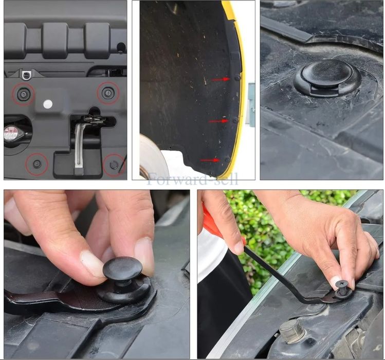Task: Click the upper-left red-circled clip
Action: click(x=23, y=94)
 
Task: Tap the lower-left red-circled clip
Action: click(x=37, y=164)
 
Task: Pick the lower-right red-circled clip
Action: click(x=114, y=165)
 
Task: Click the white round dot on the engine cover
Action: click(x=48, y=104)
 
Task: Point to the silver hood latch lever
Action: click(x=79, y=144)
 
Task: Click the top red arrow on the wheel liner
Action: click(x=221, y=79)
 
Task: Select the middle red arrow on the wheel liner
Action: click(x=218, y=121)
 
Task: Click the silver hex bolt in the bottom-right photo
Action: click(x=292, y=331)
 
